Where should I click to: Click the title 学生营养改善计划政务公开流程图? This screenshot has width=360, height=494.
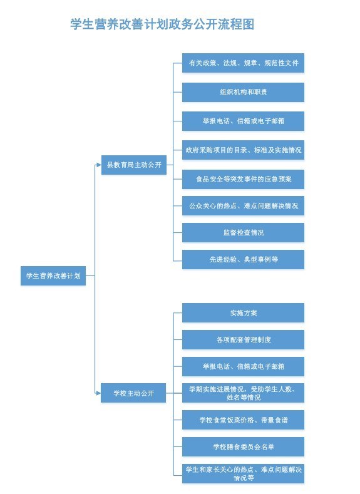click(x=162, y=24)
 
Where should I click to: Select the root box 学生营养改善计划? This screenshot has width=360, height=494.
click(x=53, y=275)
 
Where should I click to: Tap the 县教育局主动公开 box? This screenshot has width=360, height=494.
click(x=134, y=165)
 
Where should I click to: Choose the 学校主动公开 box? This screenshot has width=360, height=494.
click(x=133, y=393)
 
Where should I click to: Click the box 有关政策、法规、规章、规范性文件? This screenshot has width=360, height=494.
click(x=243, y=63)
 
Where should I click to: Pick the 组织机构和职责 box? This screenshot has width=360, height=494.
click(x=243, y=92)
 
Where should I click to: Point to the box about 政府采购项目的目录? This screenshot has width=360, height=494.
click(x=243, y=150)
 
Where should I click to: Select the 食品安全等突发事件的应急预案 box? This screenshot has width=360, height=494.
click(x=243, y=179)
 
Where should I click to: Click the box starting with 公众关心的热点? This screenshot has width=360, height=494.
click(x=243, y=206)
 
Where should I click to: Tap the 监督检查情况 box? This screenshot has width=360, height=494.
click(x=243, y=232)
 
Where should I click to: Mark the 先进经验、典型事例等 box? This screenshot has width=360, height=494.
click(x=243, y=259)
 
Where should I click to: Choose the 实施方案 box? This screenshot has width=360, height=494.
click(x=243, y=313)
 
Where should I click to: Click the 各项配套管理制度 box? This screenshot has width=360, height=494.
click(x=243, y=339)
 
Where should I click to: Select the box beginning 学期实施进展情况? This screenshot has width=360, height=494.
click(x=243, y=393)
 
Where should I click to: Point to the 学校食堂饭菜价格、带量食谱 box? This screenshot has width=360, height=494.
click(x=243, y=419)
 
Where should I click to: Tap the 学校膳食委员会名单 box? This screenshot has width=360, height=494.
click(x=243, y=447)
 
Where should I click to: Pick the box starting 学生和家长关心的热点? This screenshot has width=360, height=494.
click(x=243, y=473)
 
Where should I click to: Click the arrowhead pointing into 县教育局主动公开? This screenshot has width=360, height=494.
click(x=99, y=165)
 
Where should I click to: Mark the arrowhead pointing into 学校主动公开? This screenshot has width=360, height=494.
click(x=98, y=393)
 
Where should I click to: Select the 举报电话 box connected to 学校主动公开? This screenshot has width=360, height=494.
click(x=243, y=366)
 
